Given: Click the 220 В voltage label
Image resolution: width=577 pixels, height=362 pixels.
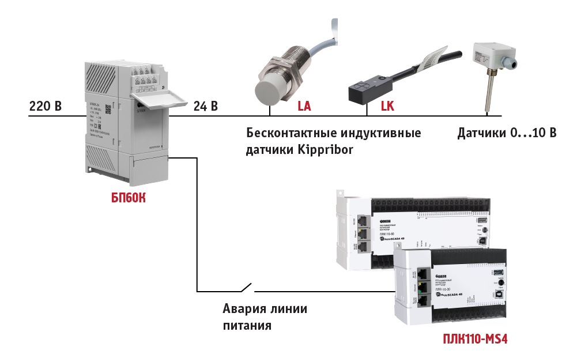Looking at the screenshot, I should click(x=45, y=107).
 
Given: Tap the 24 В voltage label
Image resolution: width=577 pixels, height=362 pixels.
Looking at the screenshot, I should click(x=205, y=107).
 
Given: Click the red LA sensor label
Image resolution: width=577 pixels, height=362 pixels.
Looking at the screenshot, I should click(x=304, y=107).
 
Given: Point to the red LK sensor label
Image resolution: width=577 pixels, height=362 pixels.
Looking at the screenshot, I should click(x=387, y=107).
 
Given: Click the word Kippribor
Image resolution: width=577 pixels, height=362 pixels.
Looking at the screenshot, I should click(x=325, y=149).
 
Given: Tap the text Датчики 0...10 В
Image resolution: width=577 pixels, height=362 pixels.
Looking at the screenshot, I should click(x=507, y=134).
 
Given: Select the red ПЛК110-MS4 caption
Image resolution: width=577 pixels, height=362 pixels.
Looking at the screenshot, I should click(x=475, y=337).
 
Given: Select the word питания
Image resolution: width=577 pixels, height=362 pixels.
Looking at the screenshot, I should click(x=247, y=326).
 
